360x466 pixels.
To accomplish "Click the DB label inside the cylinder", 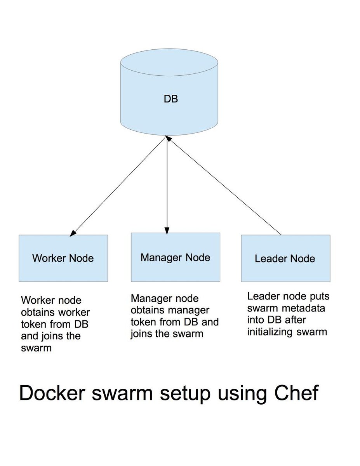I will point(170,99).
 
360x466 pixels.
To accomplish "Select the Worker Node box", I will point(63,258).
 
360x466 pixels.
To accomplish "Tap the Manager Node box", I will point(175,257).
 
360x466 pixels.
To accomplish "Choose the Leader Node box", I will point(285,259).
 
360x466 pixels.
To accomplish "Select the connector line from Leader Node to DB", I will point(225,186).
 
